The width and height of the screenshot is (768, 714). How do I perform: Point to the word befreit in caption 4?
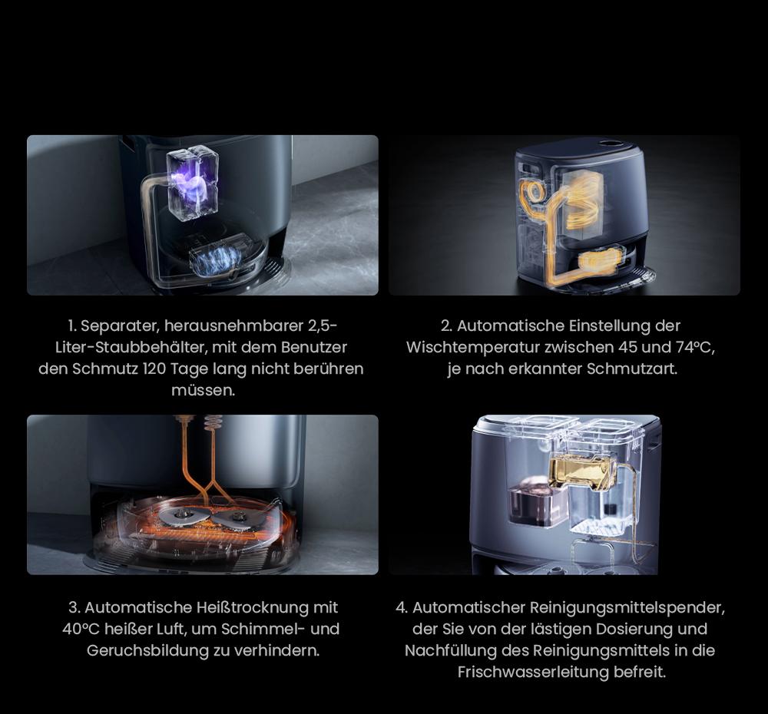point(644,672)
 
